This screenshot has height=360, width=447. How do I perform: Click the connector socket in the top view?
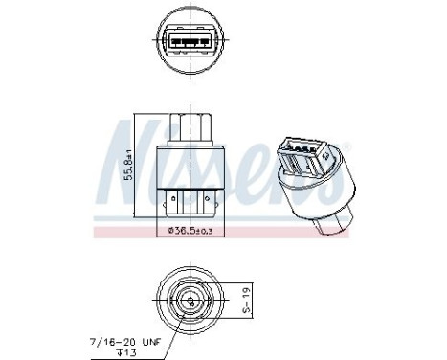tap(190, 44)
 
